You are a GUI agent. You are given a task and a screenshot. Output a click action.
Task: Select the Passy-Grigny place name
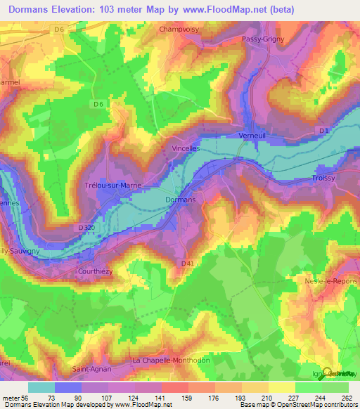[262, 39]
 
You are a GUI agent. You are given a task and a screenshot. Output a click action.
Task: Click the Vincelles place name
[186, 149]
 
